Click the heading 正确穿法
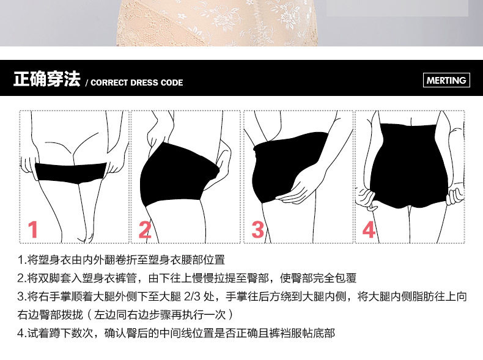pos(46,79)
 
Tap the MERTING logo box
pos(446,80)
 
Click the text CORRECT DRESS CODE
pos(136,83)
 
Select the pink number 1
pos(33,230)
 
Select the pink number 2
pos(145,230)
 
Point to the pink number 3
pos(257,230)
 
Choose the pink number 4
pos(369,230)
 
